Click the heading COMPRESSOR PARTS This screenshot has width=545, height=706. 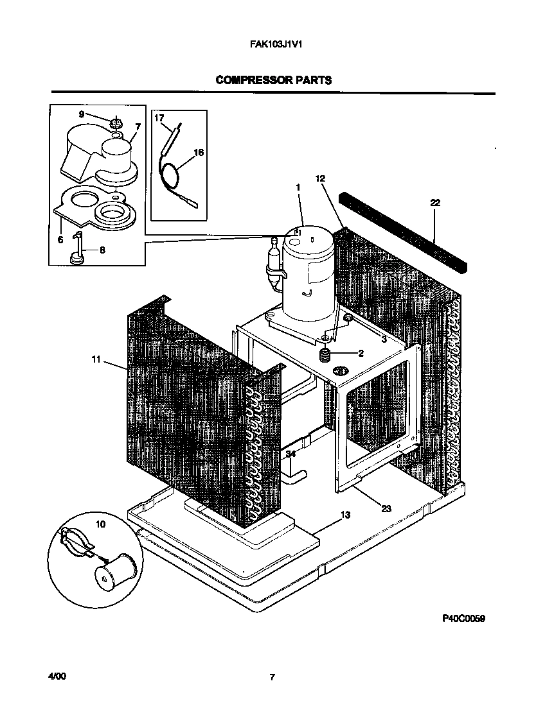(274, 80)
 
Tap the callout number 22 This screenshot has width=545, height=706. (435, 203)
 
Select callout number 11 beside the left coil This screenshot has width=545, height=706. (96, 361)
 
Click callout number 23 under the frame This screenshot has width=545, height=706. (386, 508)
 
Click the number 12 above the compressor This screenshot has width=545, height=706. (321, 178)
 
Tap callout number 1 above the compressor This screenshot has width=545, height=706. (298, 187)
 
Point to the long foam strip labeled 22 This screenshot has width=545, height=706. (405, 231)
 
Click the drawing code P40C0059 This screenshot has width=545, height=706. (463, 619)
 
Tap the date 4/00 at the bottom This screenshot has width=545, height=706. (57, 676)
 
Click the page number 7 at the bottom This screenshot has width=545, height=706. (272, 676)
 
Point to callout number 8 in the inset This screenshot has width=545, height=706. (102, 250)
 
